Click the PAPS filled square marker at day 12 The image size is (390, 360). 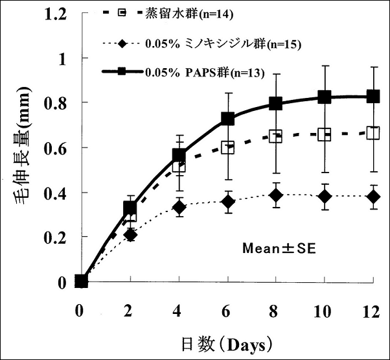click(373, 97)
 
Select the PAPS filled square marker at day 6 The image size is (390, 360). click(228, 119)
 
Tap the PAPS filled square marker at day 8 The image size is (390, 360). click(276, 104)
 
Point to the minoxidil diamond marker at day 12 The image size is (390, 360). click(373, 196)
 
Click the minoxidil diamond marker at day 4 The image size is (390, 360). click(179, 208)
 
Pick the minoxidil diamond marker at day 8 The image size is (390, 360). click(276, 195)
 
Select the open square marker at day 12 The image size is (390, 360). click(373, 133)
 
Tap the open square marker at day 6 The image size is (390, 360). click(228, 147)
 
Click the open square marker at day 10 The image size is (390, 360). click(325, 135)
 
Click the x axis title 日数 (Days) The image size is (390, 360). click(225, 340)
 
